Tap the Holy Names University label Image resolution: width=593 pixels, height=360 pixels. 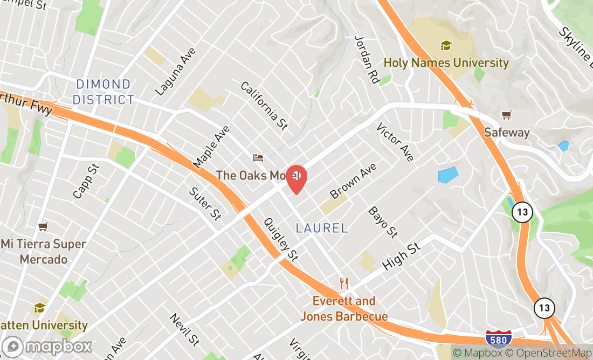tap(446, 63)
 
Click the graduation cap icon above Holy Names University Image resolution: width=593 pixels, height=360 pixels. tap(446, 45)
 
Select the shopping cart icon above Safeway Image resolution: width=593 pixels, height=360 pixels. tap(506, 115)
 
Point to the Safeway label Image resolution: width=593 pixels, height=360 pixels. tap(506, 132)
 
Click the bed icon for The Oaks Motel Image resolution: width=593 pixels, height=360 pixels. tap(258, 158)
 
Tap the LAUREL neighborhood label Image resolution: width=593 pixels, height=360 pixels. tap(322, 228)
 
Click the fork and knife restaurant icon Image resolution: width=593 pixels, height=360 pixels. tap(344, 283)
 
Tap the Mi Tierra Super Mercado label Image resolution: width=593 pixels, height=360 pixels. tap(43, 252)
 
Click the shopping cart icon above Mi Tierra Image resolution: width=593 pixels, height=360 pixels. tap(43, 227)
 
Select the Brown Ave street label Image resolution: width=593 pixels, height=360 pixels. tap(353, 181)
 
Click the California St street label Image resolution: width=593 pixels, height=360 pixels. tap(264, 106)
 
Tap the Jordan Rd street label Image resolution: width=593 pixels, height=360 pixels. tap(367, 59)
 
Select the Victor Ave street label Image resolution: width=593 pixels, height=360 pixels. tap(395, 142)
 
